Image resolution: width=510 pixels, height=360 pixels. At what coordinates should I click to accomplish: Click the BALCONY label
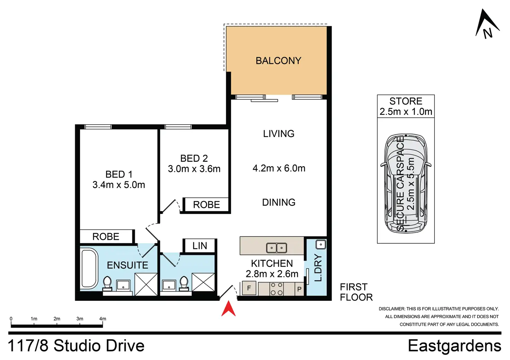pyautogui.click(x=279, y=61)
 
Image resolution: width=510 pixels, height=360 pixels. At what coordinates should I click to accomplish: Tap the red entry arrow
pyautogui.click(x=228, y=308)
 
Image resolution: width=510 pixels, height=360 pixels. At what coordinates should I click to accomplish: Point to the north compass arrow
pyautogui.click(x=487, y=24)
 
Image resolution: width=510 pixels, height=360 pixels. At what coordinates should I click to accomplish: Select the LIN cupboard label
pyautogui.click(x=200, y=246)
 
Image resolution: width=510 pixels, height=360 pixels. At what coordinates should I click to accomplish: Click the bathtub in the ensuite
pyautogui.click(x=89, y=269)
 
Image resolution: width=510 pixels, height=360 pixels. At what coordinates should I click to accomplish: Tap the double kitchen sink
pyautogui.click(x=276, y=248)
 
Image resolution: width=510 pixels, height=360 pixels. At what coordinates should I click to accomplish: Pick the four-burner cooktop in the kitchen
pyautogui.click(x=276, y=289)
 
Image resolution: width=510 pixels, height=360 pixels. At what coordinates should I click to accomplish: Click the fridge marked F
pyautogui.click(x=249, y=288)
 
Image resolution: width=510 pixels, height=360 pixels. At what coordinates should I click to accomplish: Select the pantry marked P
pyautogui.click(x=299, y=289)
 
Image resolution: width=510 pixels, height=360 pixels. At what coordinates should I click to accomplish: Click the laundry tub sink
pyautogui.click(x=321, y=245)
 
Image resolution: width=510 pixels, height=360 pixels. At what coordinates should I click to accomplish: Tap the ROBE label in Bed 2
pyautogui.click(x=206, y=205)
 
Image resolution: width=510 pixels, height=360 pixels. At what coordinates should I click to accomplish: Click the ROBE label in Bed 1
pyautogui.click(x=106, y=236)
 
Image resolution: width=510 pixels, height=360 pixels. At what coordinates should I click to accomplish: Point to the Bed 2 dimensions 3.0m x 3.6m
pyautogui.click(x=194, y=169)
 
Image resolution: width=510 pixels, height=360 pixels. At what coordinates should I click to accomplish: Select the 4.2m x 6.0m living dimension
pyautogui.click(x=279, y=168)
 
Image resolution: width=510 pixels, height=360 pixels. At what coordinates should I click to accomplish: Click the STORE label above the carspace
pyautogui.click(x=406, y=101)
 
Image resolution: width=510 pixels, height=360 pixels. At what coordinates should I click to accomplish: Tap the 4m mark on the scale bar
pyautogui.click(x=103, y=319)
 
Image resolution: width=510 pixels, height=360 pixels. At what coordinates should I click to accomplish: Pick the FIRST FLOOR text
pyautogui.click(x=356, y=292)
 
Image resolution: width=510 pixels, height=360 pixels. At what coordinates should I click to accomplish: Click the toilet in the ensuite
pyautogui.click(x=107, y=283)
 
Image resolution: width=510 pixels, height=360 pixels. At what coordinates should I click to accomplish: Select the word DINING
pyautogui.click(x=279, y=202)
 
